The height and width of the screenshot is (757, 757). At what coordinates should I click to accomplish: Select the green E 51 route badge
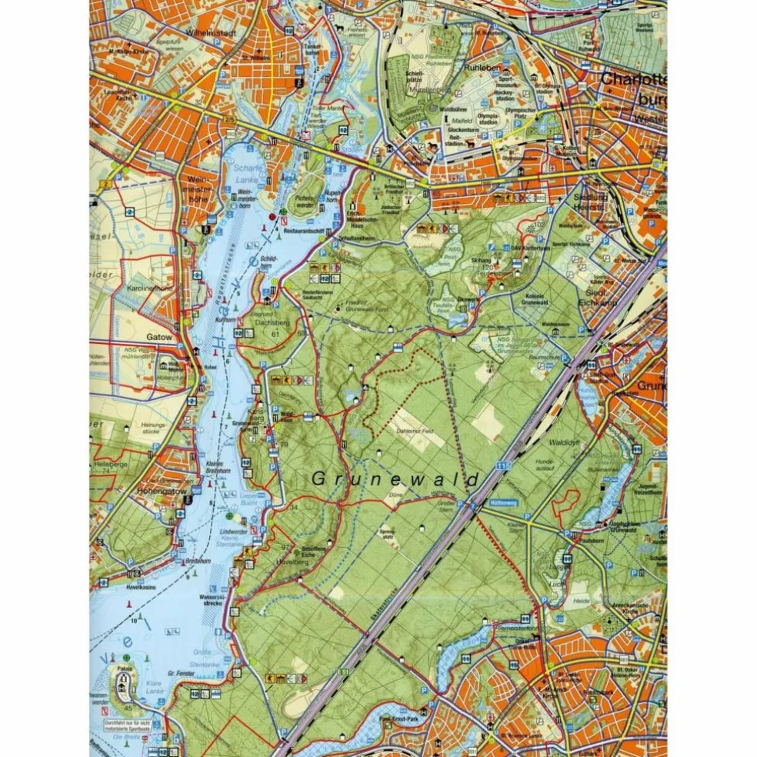344,676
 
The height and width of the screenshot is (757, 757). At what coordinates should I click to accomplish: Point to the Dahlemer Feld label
416,432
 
